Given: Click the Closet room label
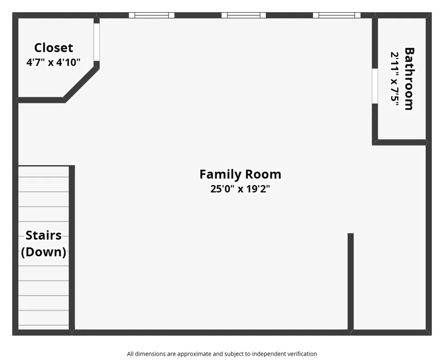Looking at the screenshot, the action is [x=54, y=47].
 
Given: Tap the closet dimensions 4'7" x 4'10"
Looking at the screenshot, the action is [x=54, y=62].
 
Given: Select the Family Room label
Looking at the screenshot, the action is [x=240, y=174].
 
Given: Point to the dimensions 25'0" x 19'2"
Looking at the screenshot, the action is [x=240, y=189].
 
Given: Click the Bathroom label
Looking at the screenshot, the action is [x=409, y=78].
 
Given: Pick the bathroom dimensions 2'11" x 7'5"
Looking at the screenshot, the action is [x=394, y=79].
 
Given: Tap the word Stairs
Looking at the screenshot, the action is [x=44, y=235].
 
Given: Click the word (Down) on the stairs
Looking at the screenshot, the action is [x=44, y=252].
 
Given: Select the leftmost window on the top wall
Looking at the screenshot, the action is [x=152, y=15].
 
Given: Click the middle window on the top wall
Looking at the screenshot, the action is [x=244, y=15].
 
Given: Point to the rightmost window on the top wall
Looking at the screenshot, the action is [x=337, y=15].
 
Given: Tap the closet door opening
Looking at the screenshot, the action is [x=97, y=42].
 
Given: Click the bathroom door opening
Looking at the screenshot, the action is [x=375, y=86].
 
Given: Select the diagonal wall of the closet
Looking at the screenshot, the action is [x=82, y=84].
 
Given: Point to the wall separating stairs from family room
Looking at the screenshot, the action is [x=72, y=248].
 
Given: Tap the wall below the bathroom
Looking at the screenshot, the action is [x=400, y=143].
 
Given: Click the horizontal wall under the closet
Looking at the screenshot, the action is [x=41, y=100].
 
